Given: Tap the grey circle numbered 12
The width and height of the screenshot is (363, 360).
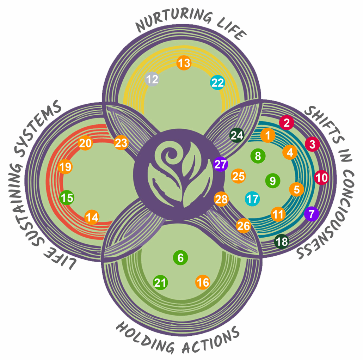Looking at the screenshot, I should [x=152, y=79].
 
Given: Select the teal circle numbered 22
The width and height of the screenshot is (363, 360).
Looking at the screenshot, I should [x=217, y=83].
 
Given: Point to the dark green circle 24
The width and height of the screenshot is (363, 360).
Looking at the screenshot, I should [x=236, y=135].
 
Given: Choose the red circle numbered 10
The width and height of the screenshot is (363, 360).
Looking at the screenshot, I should [x=321, y=177].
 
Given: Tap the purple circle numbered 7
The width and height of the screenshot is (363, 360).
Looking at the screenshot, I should [x=312, y=214].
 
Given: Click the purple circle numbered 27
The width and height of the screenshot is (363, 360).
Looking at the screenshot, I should [x=221, y=164].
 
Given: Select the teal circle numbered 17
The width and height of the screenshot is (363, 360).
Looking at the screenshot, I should [x=252, y=199].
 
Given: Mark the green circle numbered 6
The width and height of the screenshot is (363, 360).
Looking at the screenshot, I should [x=180, y=258].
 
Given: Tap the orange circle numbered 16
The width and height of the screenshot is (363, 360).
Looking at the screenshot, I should [x=203, y=282].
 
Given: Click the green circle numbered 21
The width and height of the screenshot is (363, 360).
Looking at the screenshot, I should [x=160, y=282].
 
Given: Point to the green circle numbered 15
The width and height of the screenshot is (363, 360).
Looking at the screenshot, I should [x=67, y=197].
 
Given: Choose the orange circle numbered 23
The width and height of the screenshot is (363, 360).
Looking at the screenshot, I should [x=121, y=143].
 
